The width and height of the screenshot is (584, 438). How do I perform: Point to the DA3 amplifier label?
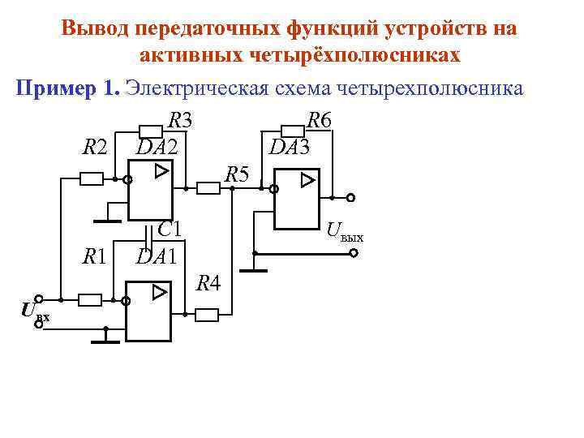(289, 148)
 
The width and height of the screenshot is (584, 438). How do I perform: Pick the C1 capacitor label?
(170, 230)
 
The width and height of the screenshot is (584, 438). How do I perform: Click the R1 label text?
(95, 257)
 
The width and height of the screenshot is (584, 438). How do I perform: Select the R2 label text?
(95, 148)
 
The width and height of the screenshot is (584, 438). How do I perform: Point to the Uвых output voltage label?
(345, 235)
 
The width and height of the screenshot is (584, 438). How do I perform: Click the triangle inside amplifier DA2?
(162, 171)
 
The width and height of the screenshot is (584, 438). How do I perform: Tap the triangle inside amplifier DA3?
(307, 179)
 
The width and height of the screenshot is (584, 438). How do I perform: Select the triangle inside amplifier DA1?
(161, 291)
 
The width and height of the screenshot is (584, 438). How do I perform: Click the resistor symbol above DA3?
(291, 130)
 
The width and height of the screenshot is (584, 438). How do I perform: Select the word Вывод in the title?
(96, 29)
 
